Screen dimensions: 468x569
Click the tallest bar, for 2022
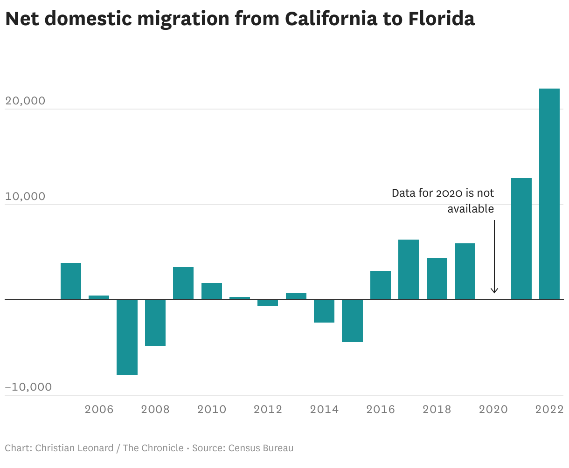[549, 194]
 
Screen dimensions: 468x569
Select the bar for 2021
[521, 239]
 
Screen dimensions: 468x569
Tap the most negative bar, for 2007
[127, 337]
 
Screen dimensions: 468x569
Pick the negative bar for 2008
[155, 323]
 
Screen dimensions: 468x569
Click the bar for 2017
[408, 269]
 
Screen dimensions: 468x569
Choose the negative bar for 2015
[352, 321]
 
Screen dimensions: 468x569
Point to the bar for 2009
[183, 283]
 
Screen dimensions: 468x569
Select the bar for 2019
[465, 271]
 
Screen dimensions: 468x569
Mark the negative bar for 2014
[324, 311]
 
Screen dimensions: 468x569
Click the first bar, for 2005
[71, 281]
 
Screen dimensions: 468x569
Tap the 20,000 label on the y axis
[25, 101]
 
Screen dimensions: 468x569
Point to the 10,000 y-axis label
[25, 196]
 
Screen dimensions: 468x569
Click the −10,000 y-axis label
[28, 387]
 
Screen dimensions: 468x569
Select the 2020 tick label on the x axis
[493, 409]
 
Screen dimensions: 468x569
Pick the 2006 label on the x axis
[99, 409]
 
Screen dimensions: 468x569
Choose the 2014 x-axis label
[324, 409]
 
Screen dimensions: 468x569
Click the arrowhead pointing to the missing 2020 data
[494, 290]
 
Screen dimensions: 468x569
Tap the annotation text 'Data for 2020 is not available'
[443, 201]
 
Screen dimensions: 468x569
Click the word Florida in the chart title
[441, 19]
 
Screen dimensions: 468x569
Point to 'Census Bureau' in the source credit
[261, 448]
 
